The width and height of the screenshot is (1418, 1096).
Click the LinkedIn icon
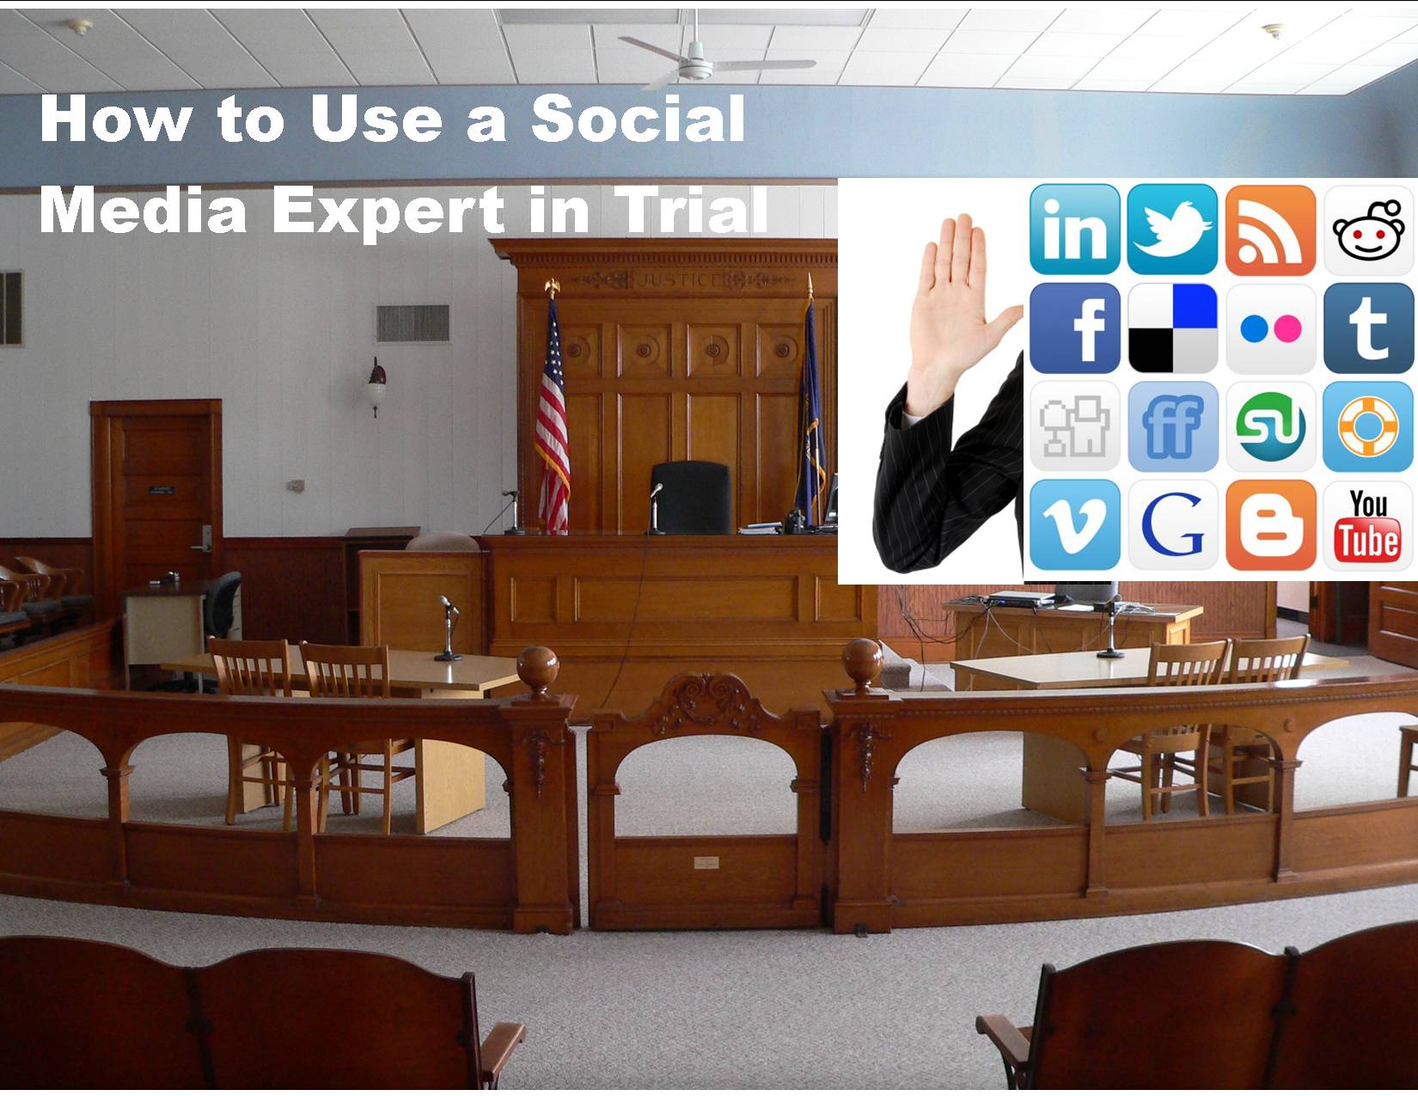1075,230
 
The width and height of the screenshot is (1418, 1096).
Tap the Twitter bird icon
1172,230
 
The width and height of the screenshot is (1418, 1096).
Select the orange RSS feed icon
1270,230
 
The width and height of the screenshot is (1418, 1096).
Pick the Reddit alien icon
1368,230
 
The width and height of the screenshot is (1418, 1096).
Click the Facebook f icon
1075,328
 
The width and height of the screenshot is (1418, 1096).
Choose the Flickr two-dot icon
1270,328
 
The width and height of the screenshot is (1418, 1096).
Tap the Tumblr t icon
1368,328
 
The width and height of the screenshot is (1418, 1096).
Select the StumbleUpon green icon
1270,427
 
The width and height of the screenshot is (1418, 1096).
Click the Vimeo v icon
1075,525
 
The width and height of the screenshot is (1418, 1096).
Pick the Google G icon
1172,525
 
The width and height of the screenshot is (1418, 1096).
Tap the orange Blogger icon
1270,525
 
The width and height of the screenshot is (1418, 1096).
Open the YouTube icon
1368,525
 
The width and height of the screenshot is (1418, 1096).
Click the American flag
552,418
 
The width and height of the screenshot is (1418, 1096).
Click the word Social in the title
638,118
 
